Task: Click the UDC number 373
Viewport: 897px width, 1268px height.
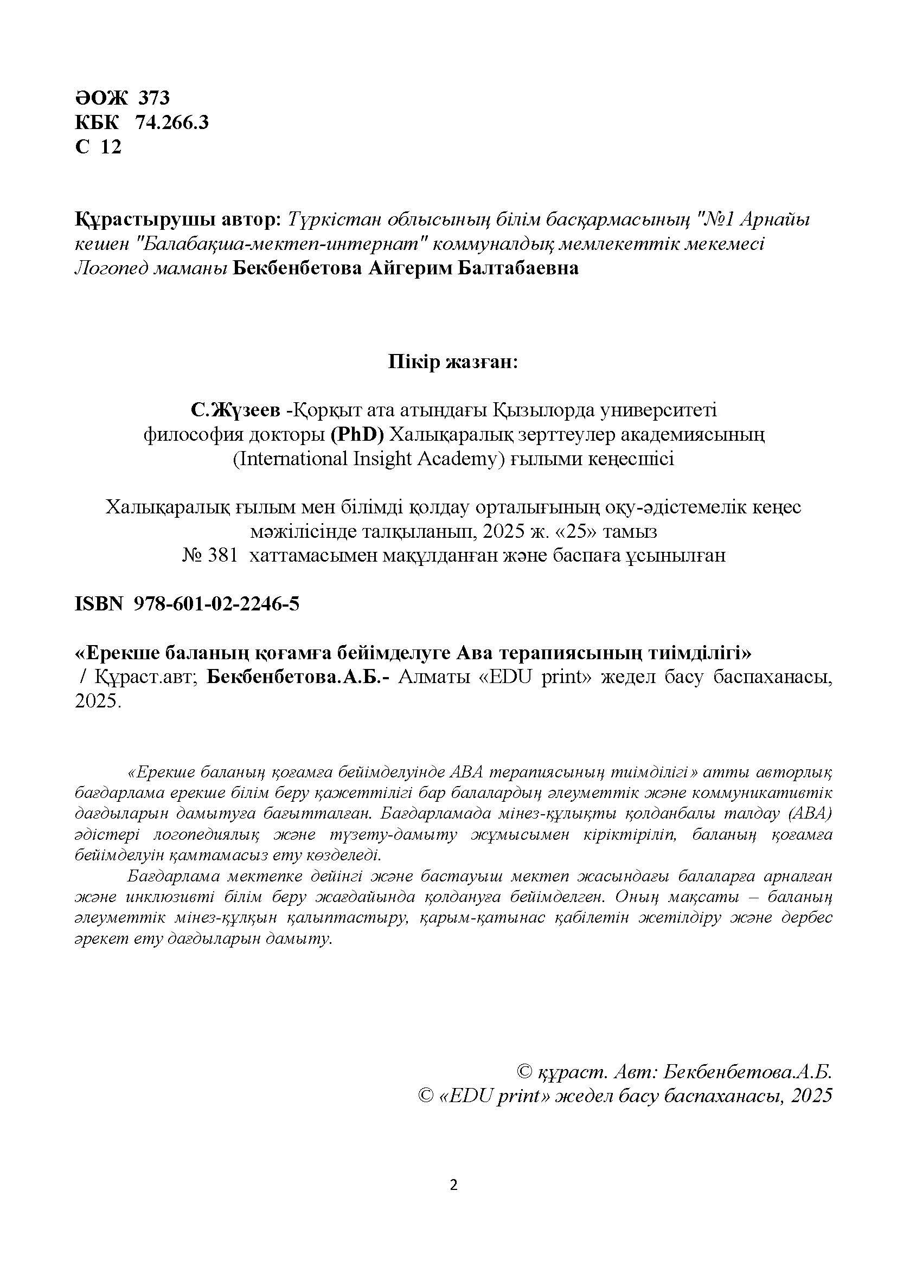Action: point(153,98)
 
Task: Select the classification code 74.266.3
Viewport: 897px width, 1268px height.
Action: point(172,122)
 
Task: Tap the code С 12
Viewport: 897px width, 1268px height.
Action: point(98,147)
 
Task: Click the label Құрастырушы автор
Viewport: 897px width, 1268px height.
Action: point(177,220)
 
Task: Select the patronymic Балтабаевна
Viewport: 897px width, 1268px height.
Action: point(517,268)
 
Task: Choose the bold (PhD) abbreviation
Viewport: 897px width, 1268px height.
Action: point(357,435)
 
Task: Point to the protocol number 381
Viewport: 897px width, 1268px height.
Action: point(222,556)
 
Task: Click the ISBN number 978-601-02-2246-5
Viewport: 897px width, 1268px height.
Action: point(216,604)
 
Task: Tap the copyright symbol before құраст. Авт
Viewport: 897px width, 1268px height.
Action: point(524,1072)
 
